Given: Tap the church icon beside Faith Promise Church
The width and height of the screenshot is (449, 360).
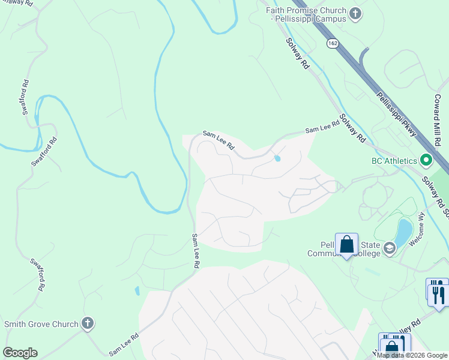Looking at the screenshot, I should (x=355, y=14).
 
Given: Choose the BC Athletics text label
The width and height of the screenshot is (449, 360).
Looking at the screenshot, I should (x=393, y=161).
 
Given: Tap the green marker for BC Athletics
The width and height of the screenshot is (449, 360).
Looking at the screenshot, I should (x=426, y=160).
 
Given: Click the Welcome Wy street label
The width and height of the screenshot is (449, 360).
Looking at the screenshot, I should (x=417, y=230).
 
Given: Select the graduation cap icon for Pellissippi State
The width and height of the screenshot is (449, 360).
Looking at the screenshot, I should (x=390, y=248).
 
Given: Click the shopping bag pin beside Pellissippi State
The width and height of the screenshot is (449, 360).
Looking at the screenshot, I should (x=346, y=244).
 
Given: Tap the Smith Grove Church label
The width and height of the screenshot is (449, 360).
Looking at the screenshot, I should (x=41, y=324).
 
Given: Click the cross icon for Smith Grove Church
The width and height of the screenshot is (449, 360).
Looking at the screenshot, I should (x=88, y=324).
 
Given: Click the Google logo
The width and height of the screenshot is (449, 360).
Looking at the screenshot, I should (x=20, y=353).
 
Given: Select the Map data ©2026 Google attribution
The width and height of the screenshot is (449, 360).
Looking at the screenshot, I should (x=412, y=355).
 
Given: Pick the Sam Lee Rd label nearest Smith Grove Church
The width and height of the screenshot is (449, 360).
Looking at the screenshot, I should (x=124, y=347).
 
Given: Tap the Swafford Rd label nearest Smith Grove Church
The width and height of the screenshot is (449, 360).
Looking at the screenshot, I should (x=37, y=275).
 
